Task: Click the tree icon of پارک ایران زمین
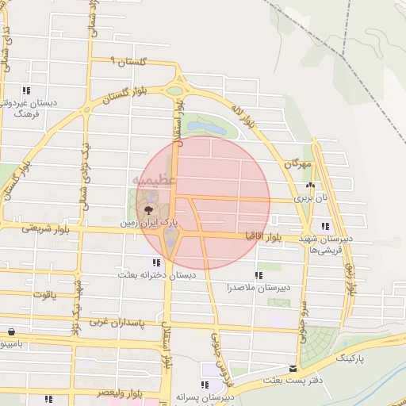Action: [148, 209]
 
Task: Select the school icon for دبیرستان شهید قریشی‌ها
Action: [325, 227]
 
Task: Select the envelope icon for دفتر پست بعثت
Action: [294, 369]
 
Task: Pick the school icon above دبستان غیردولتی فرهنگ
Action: [26, 90]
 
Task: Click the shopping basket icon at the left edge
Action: [10, 332]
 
